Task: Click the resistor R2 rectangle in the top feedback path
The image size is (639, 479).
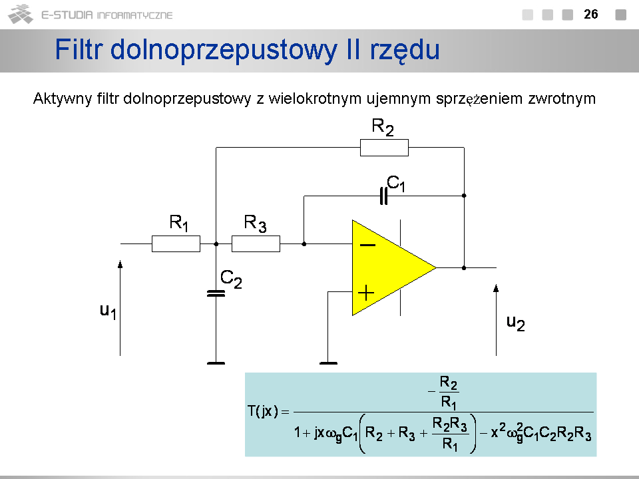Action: click(384, 147)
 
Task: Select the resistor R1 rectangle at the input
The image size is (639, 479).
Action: click(176, 244)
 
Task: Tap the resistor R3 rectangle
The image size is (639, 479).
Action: click(256, 244)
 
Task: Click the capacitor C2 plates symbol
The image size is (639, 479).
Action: click(216, 293)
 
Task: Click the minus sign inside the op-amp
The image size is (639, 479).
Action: click(367, 245)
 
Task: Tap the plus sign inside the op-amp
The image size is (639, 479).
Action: click(367, 291)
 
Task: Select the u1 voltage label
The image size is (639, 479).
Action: click(108, 311)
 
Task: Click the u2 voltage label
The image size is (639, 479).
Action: click(515, 323)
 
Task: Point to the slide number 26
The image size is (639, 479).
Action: click(590, 14)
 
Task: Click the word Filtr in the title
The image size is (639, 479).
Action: click(78, 50)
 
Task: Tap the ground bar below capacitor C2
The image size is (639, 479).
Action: click(216, 363)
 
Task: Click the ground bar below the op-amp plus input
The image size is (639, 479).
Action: click(328, 363)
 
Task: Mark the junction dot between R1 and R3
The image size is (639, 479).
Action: click(216, 244)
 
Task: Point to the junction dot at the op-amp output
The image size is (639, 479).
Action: click(464, 267)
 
